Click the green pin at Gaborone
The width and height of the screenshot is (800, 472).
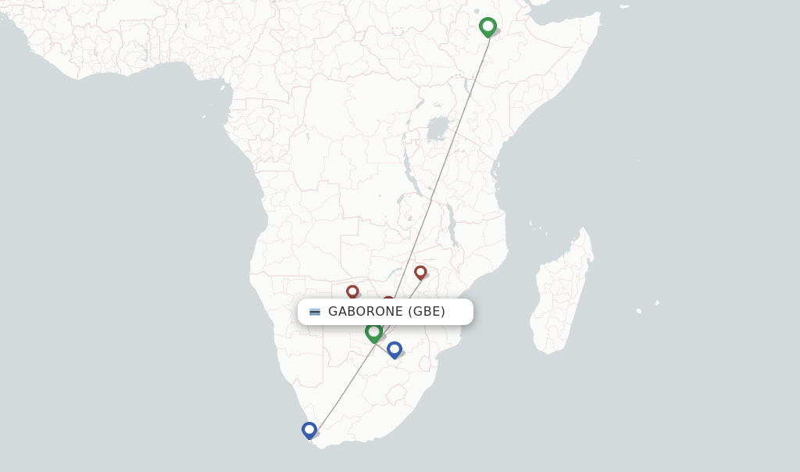pos(374,332)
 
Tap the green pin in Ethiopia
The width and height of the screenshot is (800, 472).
pos(488,27)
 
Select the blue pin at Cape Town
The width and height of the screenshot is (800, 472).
pos(309,430)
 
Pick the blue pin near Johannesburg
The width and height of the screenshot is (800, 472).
pos(395,349)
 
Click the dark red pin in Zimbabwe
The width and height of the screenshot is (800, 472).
pos(420,272)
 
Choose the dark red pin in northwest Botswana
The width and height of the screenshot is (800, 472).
pos(352,291)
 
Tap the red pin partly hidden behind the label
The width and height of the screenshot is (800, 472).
pos(388,300)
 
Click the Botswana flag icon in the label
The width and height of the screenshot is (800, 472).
pos(315,312)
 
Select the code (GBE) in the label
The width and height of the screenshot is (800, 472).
pos(427,312)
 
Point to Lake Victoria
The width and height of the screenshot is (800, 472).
pos(438,128)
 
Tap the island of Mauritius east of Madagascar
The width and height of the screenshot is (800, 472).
pos(657,303)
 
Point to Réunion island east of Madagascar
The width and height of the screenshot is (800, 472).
pos(639,311)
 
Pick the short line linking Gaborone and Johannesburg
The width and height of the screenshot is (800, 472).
pos(385,341)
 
